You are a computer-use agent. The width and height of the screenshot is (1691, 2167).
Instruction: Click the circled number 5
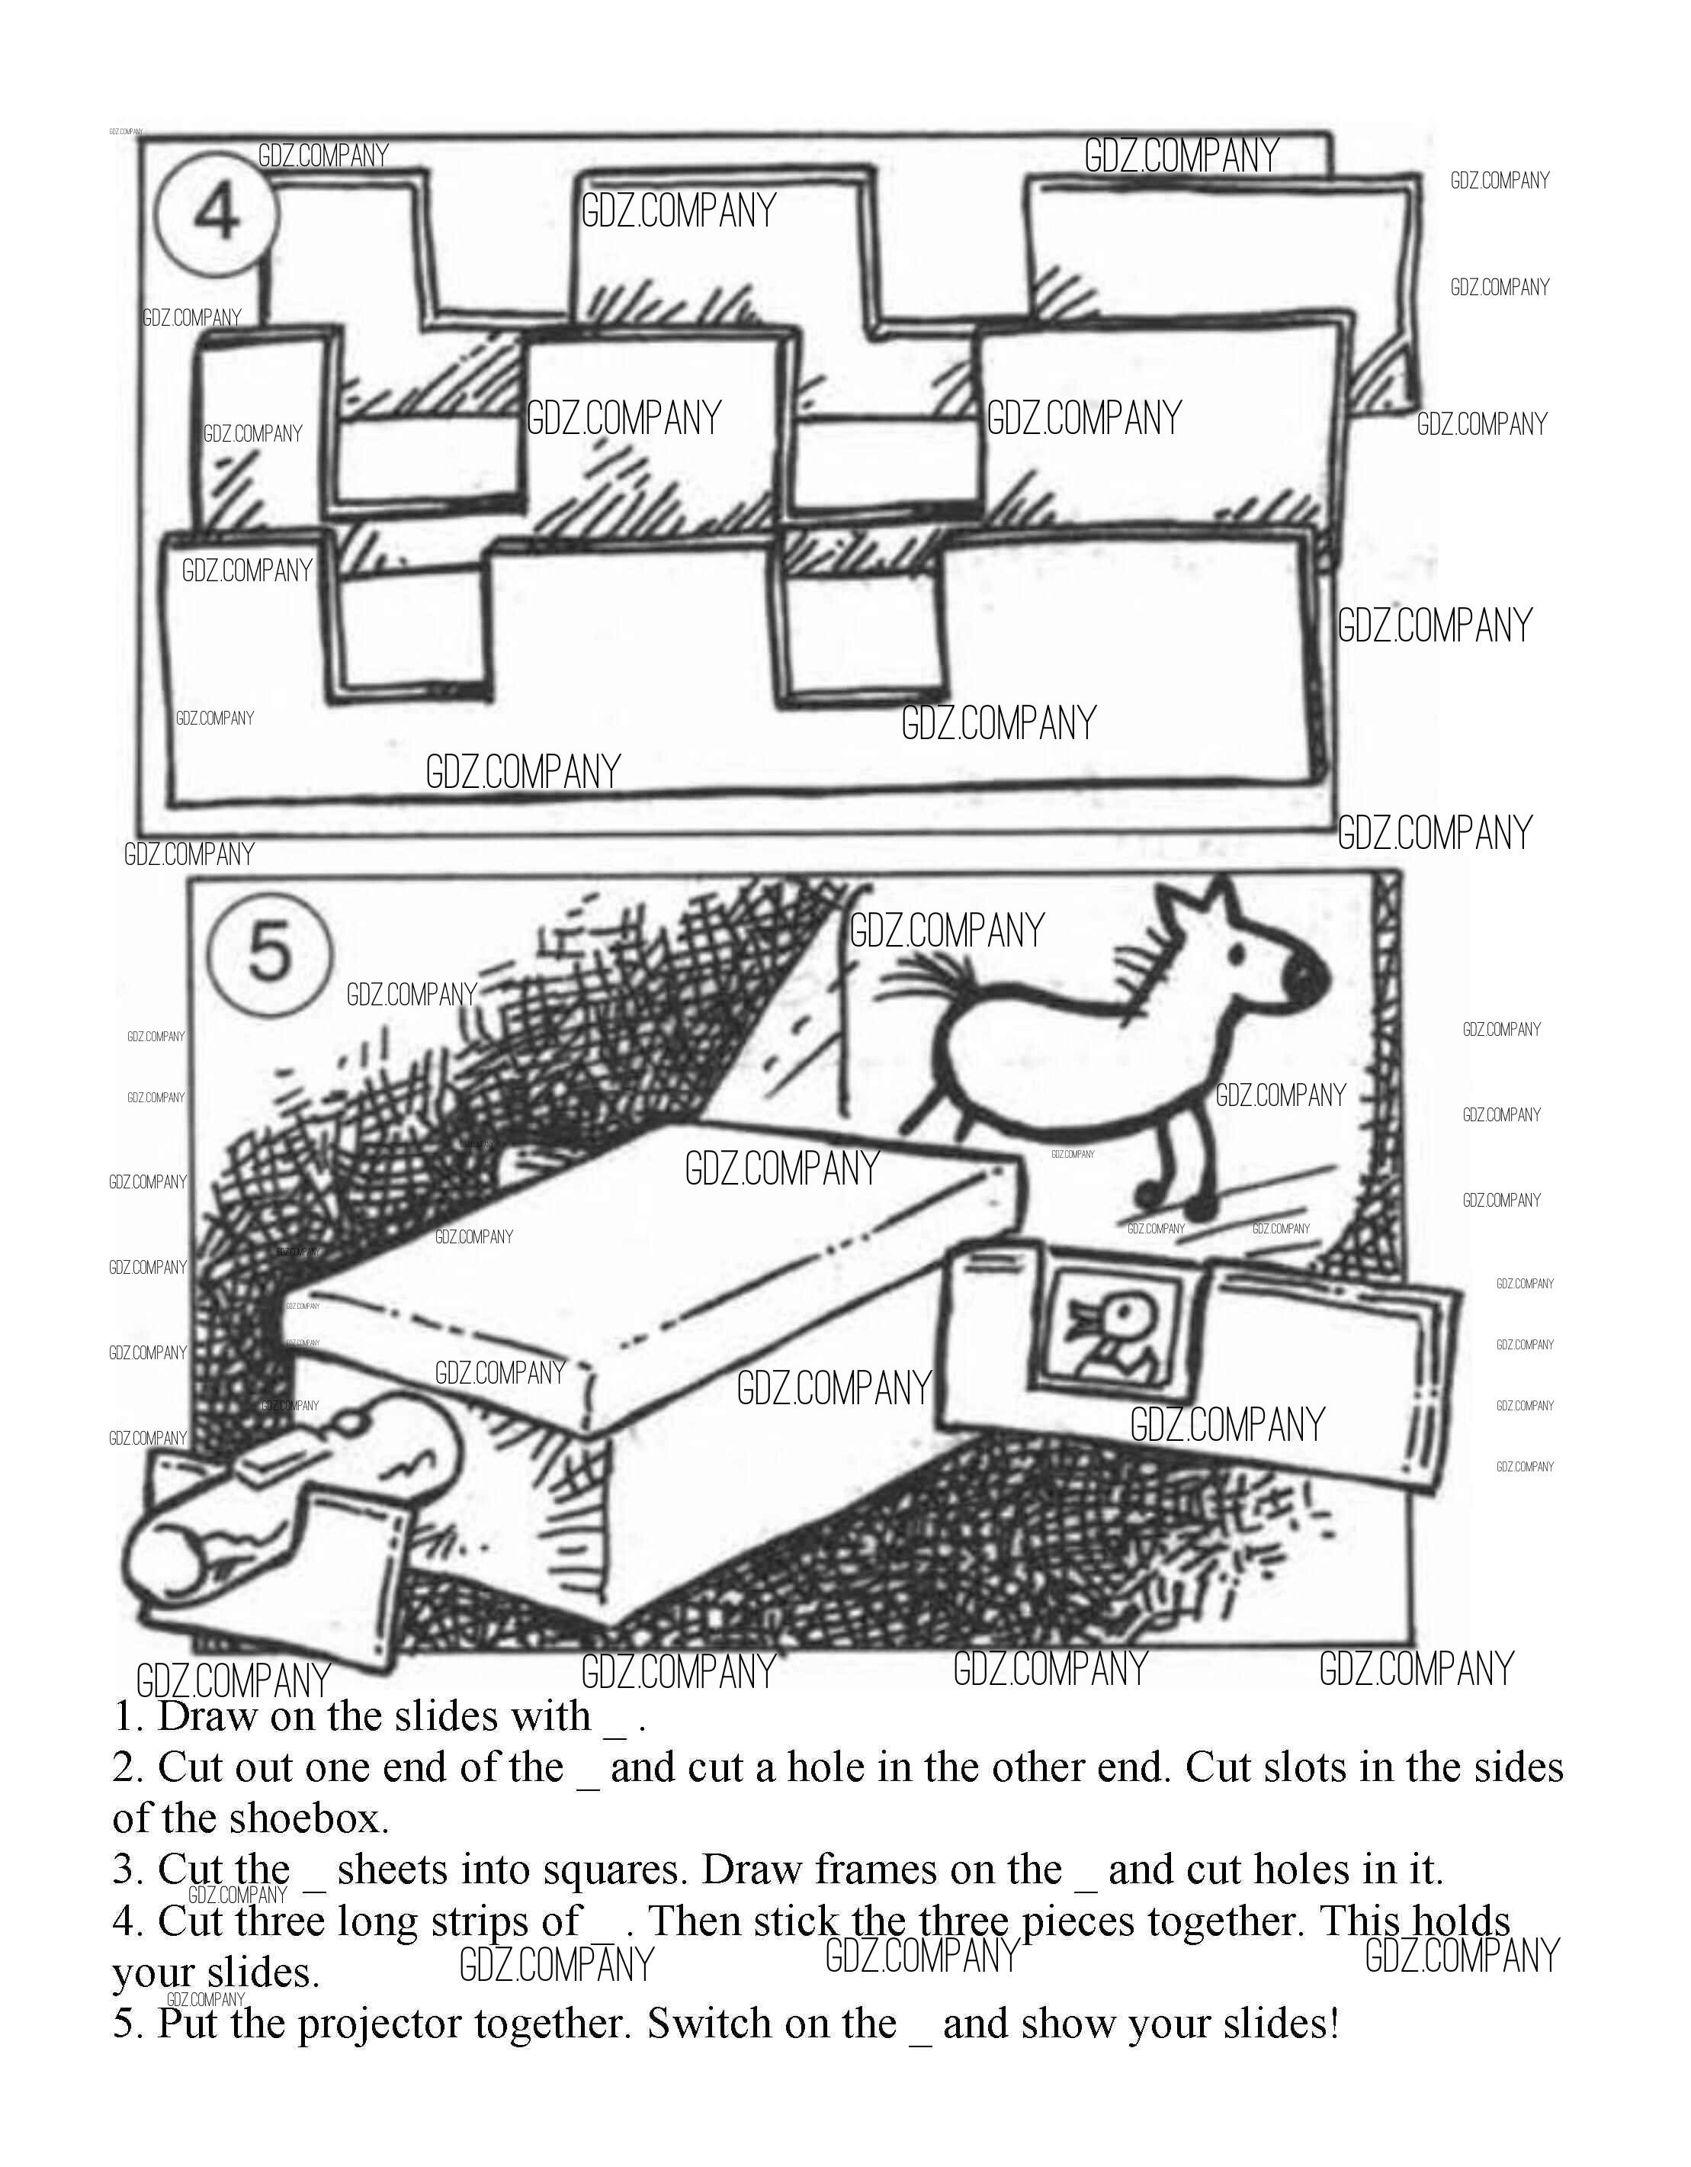pyautogui.click(x=268, y=950)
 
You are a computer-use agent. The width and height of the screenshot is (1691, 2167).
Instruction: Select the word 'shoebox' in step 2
pyautogui.click(x=307, y=1818)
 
